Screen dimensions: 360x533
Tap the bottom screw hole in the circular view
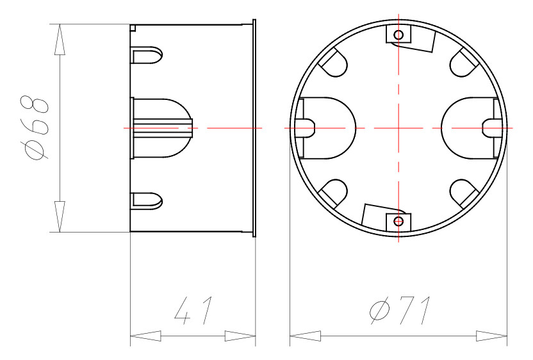point(398,222)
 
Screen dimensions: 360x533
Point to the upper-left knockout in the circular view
point(333,63)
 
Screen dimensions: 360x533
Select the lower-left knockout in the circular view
point(333,193)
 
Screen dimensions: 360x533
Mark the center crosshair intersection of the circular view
point(398,127)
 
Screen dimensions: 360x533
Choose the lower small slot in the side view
point(148,200)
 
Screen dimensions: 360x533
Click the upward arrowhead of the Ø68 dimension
point(59,40)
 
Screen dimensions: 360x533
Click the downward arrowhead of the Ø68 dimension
point(59,217)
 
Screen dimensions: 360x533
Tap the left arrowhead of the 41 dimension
point(145,336)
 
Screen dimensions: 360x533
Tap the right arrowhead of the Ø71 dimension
point(491,336)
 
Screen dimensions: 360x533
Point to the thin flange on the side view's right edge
point(254,127)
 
